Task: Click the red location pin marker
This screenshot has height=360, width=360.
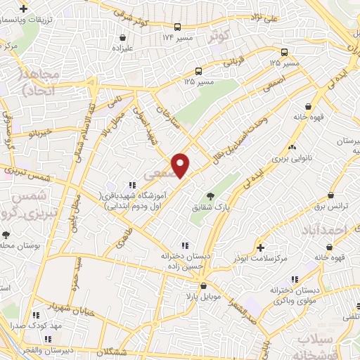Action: click(x=181, y=165)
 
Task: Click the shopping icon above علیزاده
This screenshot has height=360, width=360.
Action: click(x=124, y=37)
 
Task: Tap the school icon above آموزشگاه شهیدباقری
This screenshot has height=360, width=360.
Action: click(x=132, y=185)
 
